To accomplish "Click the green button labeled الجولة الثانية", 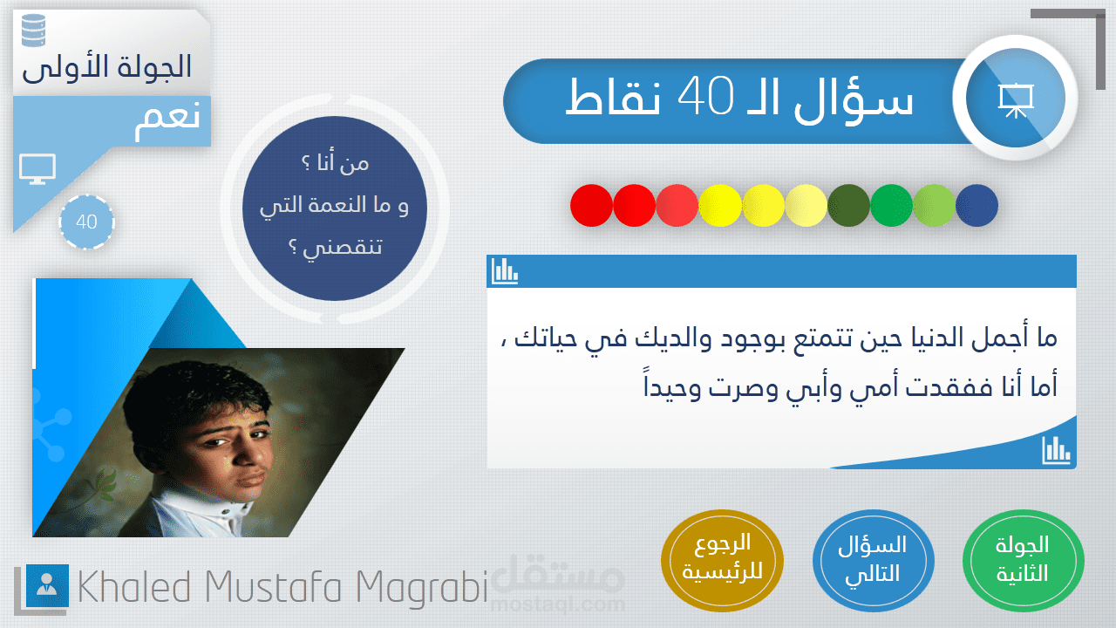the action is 1023,561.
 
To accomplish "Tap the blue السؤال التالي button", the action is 873,561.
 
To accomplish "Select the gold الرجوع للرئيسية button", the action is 722,561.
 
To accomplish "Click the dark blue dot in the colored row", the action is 976,205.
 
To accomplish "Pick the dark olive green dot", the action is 848,205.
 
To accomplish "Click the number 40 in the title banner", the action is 705,97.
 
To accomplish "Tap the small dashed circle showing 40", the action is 86,222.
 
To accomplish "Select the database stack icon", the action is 34,31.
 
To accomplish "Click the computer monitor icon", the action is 37,169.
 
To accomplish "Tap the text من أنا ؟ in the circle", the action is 336,163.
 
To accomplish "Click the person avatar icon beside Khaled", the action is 47,585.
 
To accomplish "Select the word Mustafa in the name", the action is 273,587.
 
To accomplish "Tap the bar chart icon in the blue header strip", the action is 505,271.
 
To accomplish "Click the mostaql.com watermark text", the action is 558,604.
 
